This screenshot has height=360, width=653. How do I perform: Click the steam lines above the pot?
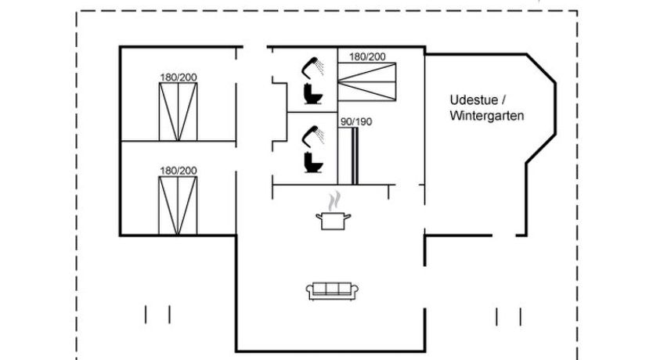334,199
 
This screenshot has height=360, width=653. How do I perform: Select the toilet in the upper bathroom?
313,94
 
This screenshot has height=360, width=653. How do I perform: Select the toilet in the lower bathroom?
313,163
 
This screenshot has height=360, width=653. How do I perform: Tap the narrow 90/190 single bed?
355,156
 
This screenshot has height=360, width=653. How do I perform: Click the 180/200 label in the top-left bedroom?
178,77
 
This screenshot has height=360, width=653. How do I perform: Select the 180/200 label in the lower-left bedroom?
178,170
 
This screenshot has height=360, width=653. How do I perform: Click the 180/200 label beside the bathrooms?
367,56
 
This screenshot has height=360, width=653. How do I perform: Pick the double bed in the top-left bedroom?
178,112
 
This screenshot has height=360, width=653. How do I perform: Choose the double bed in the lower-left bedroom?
178,204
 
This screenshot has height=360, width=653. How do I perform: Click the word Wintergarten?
486,115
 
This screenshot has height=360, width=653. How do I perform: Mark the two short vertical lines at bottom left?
157,315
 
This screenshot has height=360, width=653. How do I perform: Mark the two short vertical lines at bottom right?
508,315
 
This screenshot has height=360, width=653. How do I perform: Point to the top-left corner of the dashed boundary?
77,11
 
